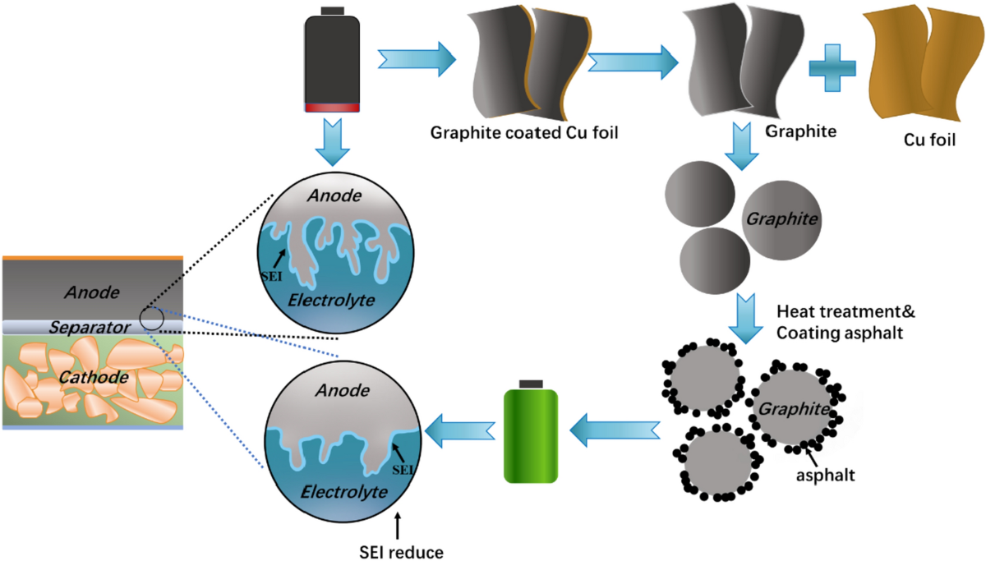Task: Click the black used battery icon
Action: [332, 62]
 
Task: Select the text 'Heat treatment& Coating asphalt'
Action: [844, 323]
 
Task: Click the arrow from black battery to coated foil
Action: [416, 58]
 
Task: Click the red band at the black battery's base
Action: [332, 108]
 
